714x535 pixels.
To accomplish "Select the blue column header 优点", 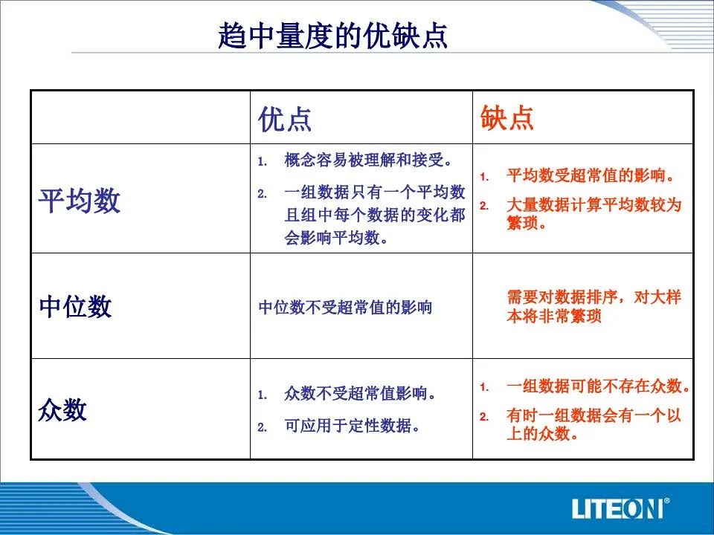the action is [x=285, y=119].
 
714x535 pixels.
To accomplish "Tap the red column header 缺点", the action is [x=506, y=118].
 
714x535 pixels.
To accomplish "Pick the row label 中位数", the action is [x=75, y=306].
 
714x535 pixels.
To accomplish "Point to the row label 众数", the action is [x=62, y=409].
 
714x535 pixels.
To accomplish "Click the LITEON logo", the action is [x=620, y=508].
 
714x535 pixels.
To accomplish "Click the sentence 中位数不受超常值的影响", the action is [x=345, y=308].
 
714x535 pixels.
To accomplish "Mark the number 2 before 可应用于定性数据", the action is [x=262, y=427].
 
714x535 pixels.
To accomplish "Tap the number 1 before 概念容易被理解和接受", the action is [x=262, y=161].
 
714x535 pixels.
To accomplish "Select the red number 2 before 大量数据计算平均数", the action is [x=484, y=206].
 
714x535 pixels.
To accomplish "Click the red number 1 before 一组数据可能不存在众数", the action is [x=484, y=387].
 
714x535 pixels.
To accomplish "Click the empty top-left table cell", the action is [x=141, y=117].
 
